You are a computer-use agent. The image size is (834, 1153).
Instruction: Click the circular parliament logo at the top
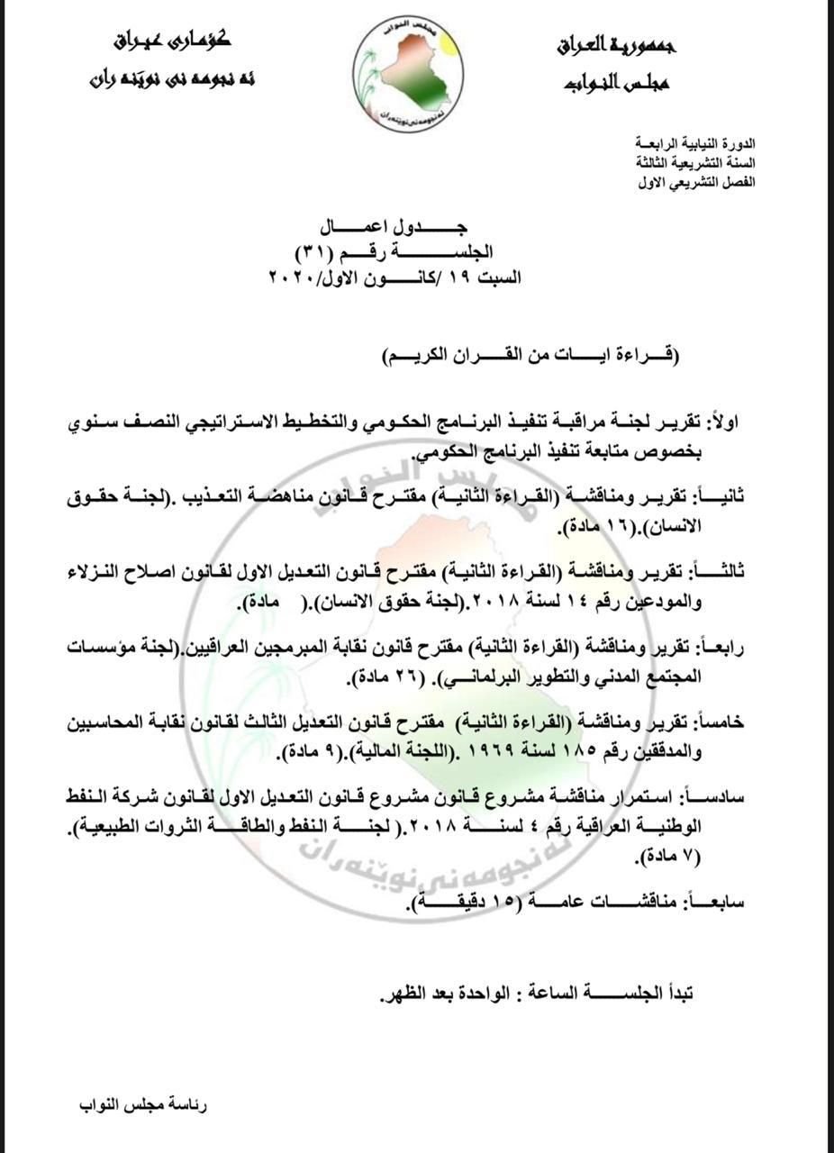(x=408, y=76)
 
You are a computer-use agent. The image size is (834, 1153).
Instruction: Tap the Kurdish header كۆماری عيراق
(x=173, y=41)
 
